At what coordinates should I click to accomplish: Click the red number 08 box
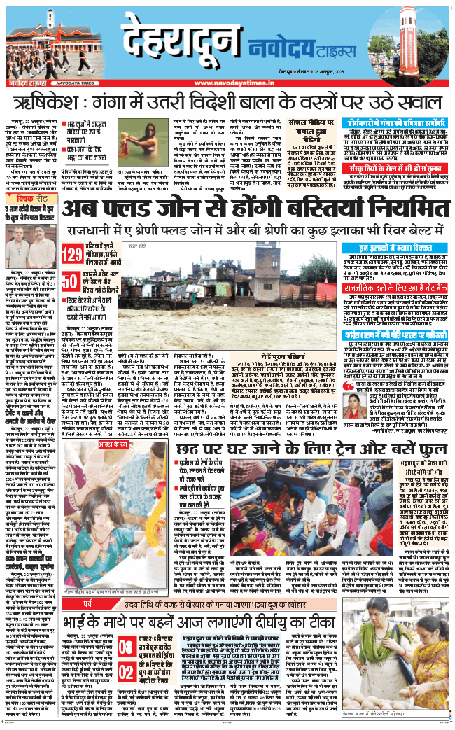tap(126, 645)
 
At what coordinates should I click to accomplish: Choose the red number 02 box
tap(126, 671)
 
